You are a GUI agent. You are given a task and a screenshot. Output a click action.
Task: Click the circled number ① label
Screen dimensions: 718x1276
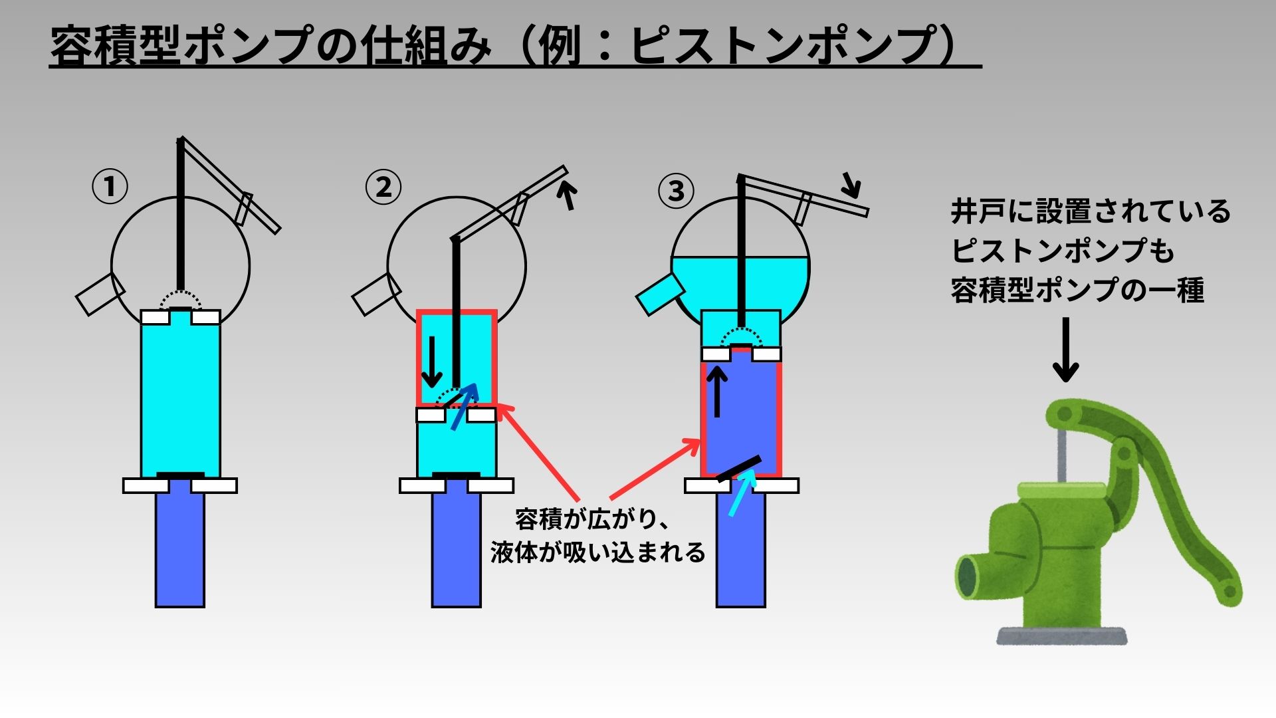pyautogui.click(x=109, y=187)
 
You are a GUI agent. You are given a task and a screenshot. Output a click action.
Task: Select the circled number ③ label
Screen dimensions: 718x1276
pyautogui.click(x=675, y=191)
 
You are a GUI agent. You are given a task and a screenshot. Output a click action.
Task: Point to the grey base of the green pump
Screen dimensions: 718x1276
pyautogui.click(x=1062, y=636)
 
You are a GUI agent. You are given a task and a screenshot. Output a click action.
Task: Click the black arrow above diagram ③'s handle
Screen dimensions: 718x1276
pyautogui.click(x=851, y=185)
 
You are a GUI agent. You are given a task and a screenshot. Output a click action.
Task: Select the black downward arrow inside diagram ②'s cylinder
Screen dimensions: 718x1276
pyautogui.click(x=432, y=362)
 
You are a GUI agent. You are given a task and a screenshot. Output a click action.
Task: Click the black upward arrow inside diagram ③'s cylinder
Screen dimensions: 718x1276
pyautogui.click(x=717, y=392)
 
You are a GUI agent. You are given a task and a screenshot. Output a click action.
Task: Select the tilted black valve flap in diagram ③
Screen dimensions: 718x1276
pyautogui.click(x=739, y=468)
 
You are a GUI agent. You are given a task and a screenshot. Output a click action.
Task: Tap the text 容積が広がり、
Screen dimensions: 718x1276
pyautogui.click(x=591, y=519)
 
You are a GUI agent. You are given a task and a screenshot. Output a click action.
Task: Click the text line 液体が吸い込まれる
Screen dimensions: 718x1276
pyautogui.click(x=597, y=552)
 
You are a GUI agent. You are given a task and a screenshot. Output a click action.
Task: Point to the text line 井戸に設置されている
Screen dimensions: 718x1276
pyautogui.click(x=1091, y=212)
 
